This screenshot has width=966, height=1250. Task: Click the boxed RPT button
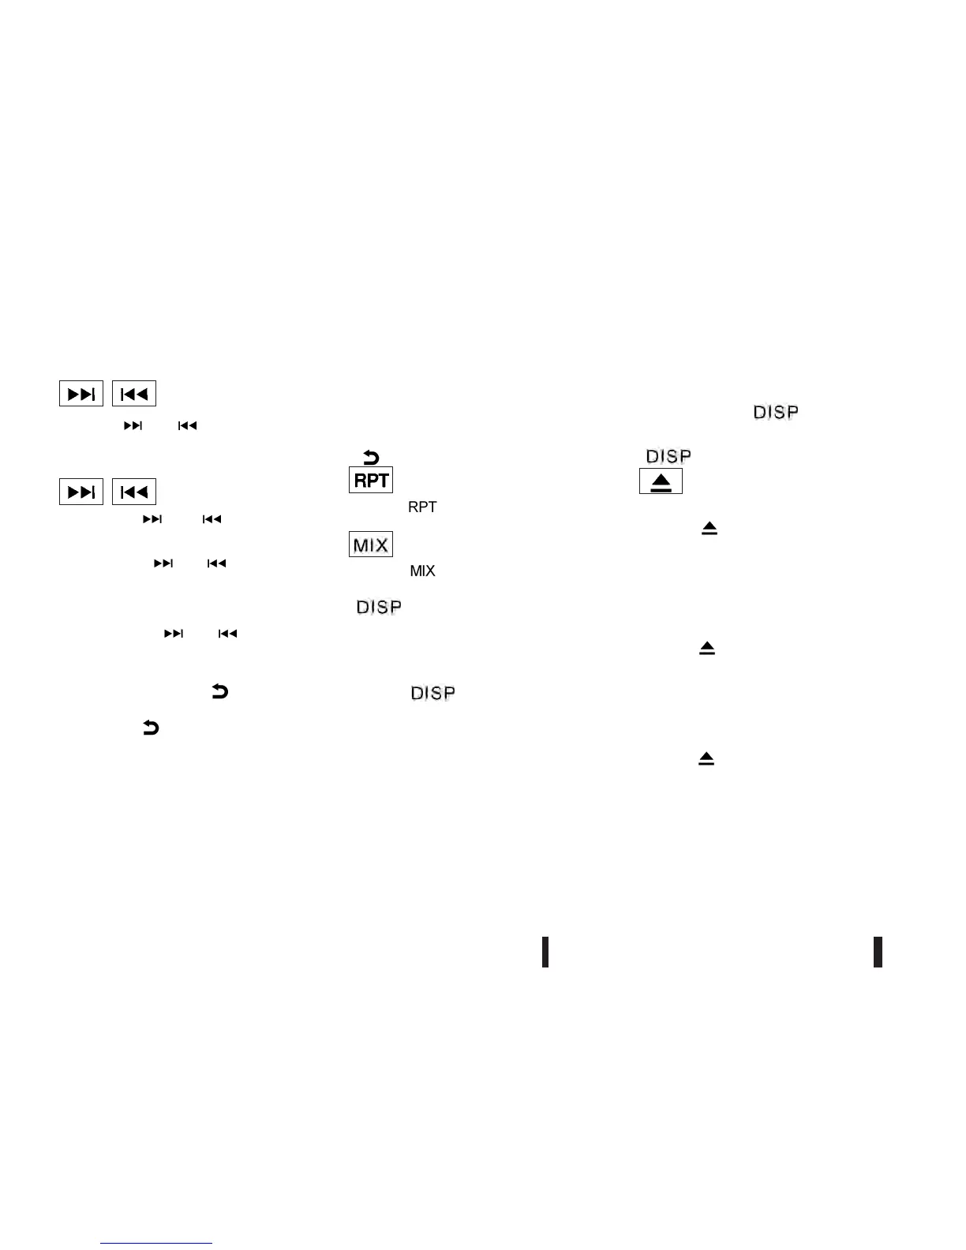click(371, 480)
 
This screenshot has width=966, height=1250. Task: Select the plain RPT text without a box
click(422, 507)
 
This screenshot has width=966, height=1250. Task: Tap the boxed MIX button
click(371, 545)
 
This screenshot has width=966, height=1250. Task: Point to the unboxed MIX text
click(422, 571)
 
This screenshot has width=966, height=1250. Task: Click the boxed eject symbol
click(661, 482)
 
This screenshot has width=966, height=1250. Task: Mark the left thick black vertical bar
click(545, 952)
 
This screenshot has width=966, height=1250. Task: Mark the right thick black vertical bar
click(878, 952)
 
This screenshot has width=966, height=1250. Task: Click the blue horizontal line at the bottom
click(156, 1243)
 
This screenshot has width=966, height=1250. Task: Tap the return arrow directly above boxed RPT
click(371, 457)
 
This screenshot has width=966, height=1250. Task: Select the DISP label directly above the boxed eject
click(668, 456)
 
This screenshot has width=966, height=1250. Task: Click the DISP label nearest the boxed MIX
click(379, 607)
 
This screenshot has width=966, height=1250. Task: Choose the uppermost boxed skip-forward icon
click(81, 394)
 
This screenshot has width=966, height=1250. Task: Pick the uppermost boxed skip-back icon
click(134, 394)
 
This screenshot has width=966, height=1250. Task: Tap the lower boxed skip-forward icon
click(81, 492)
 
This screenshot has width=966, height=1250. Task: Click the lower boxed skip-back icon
click(134, 492)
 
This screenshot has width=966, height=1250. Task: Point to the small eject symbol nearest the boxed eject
click(710, 529)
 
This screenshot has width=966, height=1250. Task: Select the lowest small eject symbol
click(706, 758)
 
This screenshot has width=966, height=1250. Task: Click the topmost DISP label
click(776, 412)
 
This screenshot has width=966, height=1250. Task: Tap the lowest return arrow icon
click(150, 728)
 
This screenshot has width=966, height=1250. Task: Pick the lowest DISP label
click(432, 693)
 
